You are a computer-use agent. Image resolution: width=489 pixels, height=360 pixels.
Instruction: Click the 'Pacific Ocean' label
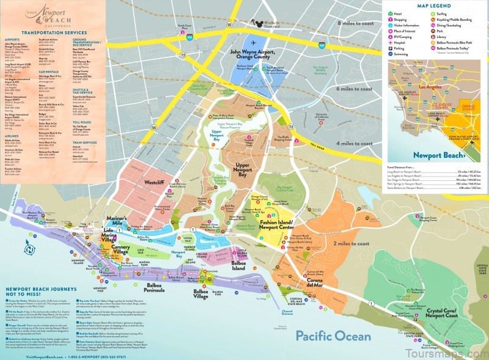tap(333, 336)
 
